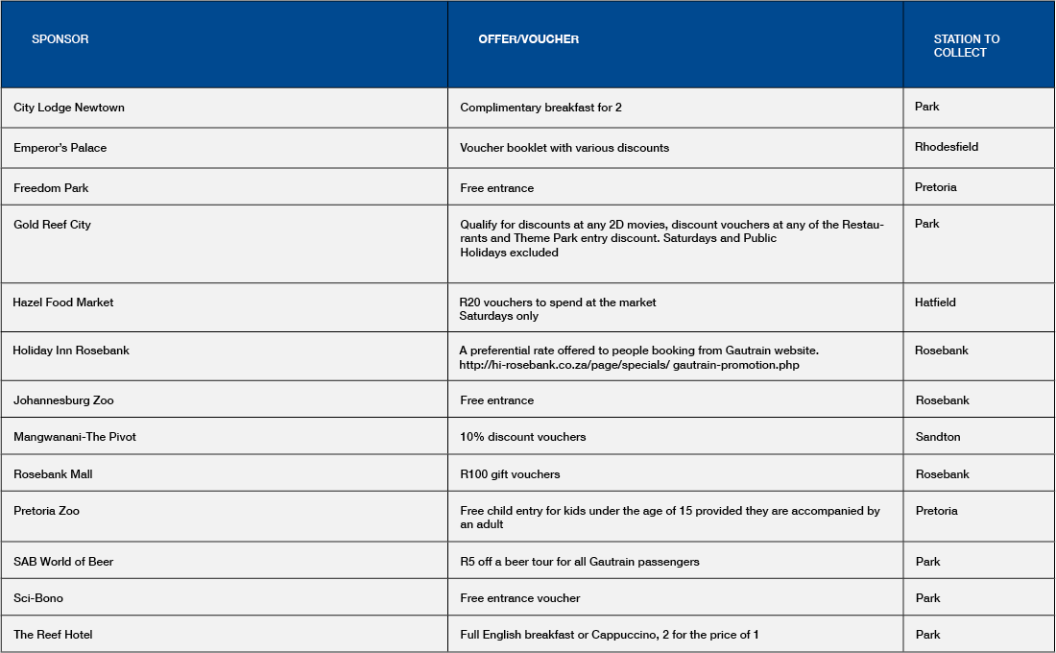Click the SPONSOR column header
(60, 39)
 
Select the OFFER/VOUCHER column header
(528, 39)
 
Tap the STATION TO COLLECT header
(966, 46)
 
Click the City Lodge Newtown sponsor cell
(69, 108)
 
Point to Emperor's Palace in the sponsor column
(60, 148)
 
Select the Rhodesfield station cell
(947, 147)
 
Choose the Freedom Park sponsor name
(51, 188)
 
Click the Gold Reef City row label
(52, 225)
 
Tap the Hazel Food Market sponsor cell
(63, 302)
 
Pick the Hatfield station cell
(935, 302)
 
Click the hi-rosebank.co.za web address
(629, 365)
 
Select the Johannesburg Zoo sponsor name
(63, 400)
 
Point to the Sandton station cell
(938, 437)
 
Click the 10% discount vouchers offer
(522, 437)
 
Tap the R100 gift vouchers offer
(510, 474)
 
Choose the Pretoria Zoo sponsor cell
(46, 511)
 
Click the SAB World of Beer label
(63, 562)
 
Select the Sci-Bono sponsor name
(38, 598)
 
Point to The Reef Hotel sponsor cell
(53, 635)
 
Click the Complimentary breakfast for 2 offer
(540, 108)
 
